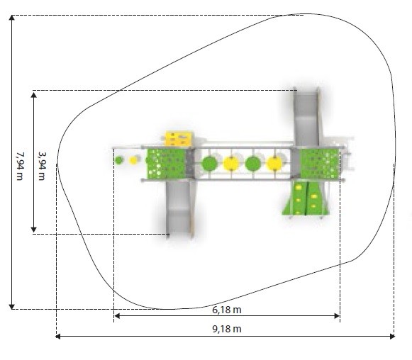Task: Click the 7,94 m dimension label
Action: coord(20,166)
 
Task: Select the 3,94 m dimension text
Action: coord(42,166)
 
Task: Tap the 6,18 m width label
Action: coord(227,310)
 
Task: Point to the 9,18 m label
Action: coord(227,329)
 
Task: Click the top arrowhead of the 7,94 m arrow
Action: coord(12,18)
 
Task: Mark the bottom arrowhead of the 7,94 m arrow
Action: coord(12,307)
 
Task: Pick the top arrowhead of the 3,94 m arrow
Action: coord(33,95)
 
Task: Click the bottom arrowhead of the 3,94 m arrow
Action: coord(33,230)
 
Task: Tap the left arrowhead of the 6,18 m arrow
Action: coord(117,315)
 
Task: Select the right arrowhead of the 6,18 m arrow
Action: coord(337,315)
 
